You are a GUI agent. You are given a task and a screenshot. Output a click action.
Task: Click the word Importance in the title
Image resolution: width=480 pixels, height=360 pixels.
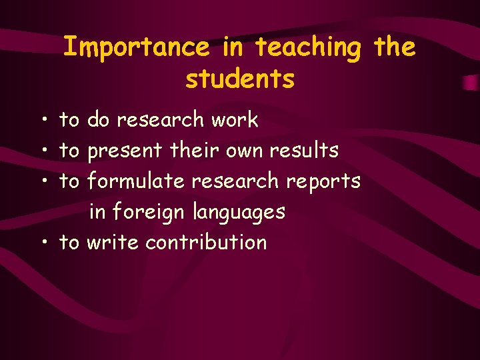136,47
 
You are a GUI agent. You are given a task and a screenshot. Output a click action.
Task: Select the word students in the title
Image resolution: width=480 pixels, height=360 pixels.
240,79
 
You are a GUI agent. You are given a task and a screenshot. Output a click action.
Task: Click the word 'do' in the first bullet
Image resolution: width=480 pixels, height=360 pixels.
99,120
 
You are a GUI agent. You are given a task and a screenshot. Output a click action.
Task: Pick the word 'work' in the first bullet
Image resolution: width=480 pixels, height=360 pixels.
234,120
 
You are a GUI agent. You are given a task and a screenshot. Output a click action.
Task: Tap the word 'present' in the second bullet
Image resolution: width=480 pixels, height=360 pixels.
125,151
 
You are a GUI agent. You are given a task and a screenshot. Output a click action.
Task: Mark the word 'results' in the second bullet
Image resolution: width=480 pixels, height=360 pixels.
304,151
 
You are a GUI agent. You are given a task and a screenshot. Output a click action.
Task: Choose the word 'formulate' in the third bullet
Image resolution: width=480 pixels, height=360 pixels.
135,181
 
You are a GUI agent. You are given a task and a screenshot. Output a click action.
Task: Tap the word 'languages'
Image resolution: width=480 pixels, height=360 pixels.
239,213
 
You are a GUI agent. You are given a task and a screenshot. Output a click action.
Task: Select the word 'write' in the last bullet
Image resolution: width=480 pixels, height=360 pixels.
113,242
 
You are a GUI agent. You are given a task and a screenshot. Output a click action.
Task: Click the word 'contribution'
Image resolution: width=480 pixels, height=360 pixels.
206,242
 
